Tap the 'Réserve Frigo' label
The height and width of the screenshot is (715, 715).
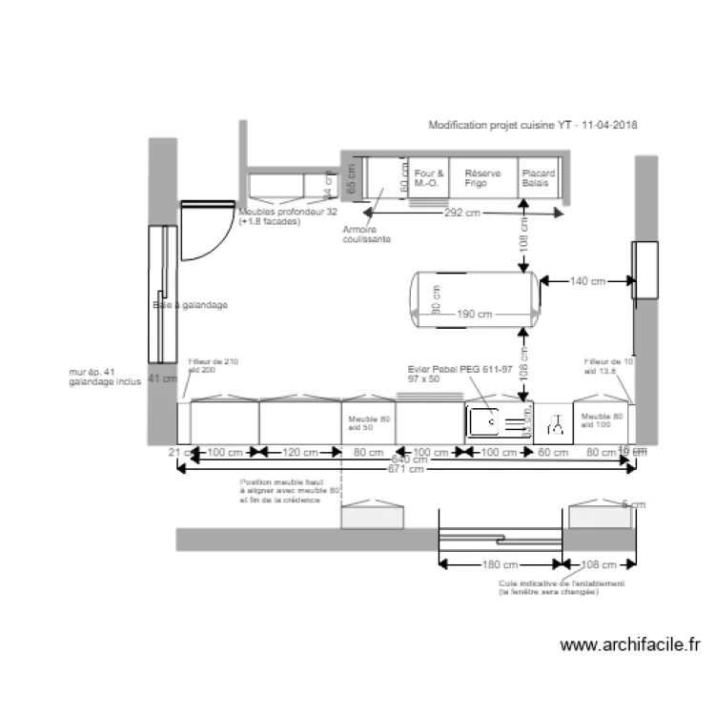(482, 178)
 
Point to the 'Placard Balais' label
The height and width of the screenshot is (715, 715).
(538, 178)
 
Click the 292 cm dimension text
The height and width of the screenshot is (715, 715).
(461, 213)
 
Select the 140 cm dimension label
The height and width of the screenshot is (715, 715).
(586, 281)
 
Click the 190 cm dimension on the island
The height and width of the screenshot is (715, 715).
(474, 315)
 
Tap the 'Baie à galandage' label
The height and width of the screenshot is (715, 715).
(190, 305)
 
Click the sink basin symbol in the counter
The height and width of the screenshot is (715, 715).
(483, 419)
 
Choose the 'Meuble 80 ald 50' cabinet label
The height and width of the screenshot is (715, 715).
(367, 421)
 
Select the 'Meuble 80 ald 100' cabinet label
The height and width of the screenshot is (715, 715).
(602, 421)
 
